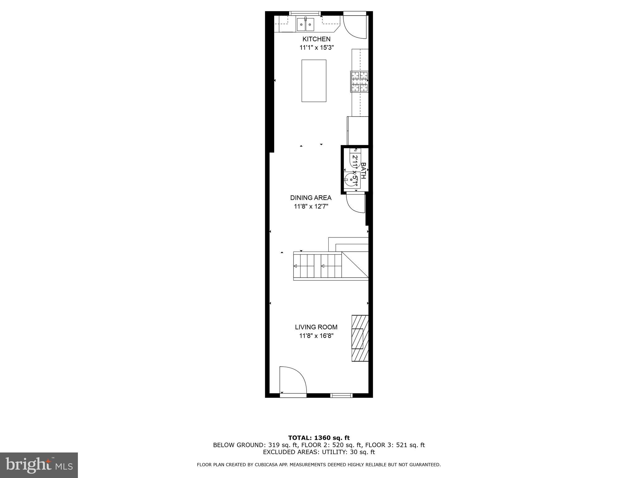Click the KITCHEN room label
317,39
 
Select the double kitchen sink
305,24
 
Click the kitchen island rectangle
314,81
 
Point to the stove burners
359,82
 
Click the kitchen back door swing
355,27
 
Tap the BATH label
363,171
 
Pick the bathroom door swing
355,203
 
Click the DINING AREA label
311,198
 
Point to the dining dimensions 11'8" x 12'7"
311,206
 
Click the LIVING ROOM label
316,327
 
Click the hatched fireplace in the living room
360,338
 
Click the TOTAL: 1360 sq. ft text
319,438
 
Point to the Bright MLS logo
39,465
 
